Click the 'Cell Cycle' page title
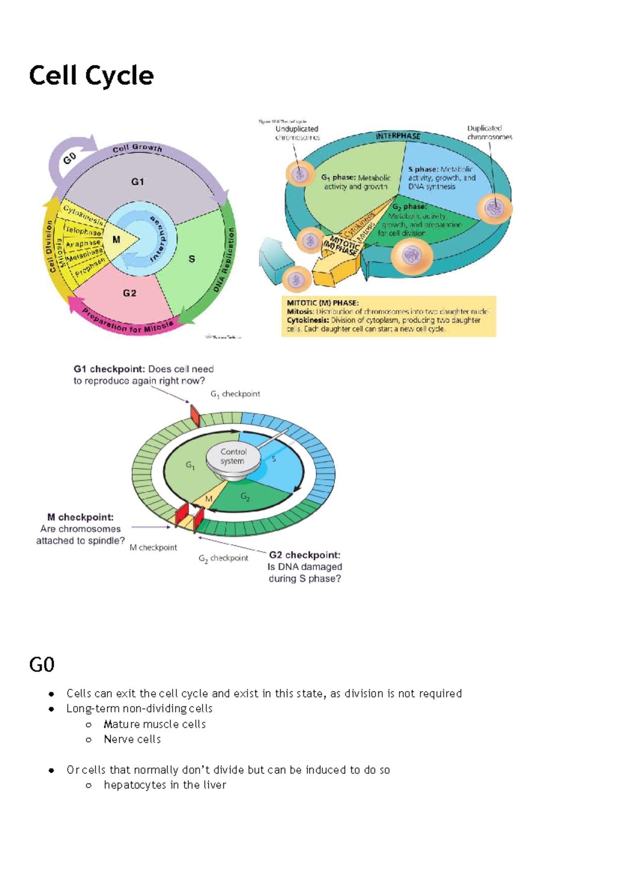[91, 76]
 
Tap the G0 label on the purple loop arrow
[70, 158]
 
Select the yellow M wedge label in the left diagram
[116, 239]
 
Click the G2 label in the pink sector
[130, 293]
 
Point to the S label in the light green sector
[192, 259]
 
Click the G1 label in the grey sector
[137, 181]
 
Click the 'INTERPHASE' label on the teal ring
[398, 136]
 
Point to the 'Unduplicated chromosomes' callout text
[297, 133]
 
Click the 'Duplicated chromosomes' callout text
[489, 132]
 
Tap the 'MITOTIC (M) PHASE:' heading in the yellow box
[322, 303]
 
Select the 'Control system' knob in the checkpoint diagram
[233, 457]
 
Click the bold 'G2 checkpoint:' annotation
[304, 555]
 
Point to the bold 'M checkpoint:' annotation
[80, 517]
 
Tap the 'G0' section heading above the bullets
[42, 665]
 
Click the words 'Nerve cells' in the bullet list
[132, 740]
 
